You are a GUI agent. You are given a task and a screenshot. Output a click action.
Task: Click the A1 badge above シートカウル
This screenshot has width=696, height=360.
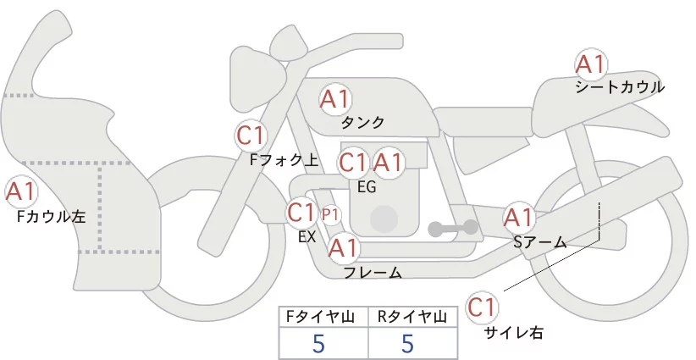(x=590, y=64)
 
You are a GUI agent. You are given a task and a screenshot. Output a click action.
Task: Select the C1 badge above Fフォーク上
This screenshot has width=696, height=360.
(x=251, y=135)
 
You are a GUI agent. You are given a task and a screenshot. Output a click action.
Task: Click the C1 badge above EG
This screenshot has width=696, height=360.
(x=353, y=162)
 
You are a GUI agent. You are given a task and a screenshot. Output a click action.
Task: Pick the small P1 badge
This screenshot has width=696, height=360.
(x=331, y=213)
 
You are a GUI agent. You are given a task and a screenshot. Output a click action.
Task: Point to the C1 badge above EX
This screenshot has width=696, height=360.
(x=302, y=211)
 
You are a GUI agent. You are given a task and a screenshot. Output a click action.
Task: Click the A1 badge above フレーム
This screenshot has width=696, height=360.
(x=343, y=248)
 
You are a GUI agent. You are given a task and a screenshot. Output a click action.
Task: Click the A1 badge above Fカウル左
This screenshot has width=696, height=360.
(x=20, y=191)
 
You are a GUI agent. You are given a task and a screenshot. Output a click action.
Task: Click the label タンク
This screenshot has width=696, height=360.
(x=362, y=123)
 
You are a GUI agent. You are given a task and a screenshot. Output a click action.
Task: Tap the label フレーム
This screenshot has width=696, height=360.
(x=373, y=273)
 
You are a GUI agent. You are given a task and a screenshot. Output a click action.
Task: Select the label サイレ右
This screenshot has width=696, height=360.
(x=513, y=333)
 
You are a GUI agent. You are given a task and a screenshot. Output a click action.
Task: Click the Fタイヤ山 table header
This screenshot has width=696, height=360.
(x=323, y=317)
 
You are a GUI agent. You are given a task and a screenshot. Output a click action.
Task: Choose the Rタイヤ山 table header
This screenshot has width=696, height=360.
(x=412, y=317)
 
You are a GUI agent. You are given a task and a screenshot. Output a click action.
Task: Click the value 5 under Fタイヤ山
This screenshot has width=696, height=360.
(x=318, y=343)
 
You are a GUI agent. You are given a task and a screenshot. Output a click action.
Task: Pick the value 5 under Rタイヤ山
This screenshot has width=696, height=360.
(x=408, y=343)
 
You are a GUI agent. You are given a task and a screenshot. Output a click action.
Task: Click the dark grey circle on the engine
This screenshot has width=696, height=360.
(x=385, y=218)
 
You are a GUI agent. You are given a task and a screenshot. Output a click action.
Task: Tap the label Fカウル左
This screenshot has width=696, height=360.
(x=52, y=217)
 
